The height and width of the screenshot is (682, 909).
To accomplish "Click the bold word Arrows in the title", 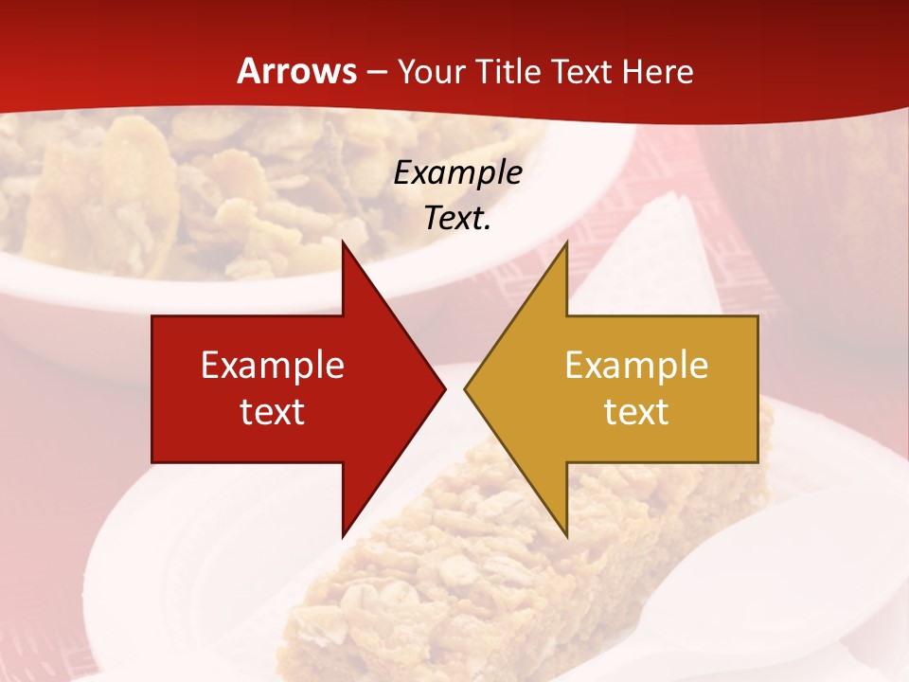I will pyautogui.click(x=296, y=71).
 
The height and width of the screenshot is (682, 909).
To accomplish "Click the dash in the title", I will pyautogui.click(x=376, y=73).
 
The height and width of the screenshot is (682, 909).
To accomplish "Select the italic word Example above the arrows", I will pyautogui.click(x=458, y=172).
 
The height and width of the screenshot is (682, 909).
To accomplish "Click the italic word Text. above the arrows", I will pyautogui.click(x=458, y=218).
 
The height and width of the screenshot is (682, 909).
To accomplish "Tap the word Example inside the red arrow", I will pyautogui.click(x=273, y=365).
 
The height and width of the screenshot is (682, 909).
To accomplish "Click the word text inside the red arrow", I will pyautogui.click(x=273, y=411).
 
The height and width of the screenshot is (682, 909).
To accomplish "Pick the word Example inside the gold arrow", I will pyautogui.click(x=636, y=365).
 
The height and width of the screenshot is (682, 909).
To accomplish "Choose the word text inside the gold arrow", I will pyautogui.click(x=636, y=411).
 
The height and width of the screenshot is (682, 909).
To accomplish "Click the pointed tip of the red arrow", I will pyautogui.click(x=445, y=388).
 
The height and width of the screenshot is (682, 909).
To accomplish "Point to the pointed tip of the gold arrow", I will pyautogui.click(x=465, y=388).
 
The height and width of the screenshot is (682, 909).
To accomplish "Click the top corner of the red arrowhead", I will pyautogui.click(x=343, y=242).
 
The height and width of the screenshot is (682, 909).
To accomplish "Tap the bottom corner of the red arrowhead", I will pyautogui.click(x=343, y=536).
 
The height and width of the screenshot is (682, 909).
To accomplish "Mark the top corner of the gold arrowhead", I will pyautogui.click(x=566, y=242).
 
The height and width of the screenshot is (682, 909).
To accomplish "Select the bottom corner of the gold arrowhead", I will pyautogui.click(x=566, y=536).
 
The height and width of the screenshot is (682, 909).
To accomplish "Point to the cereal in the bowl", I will pyautogui.click(x=189, y=189).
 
